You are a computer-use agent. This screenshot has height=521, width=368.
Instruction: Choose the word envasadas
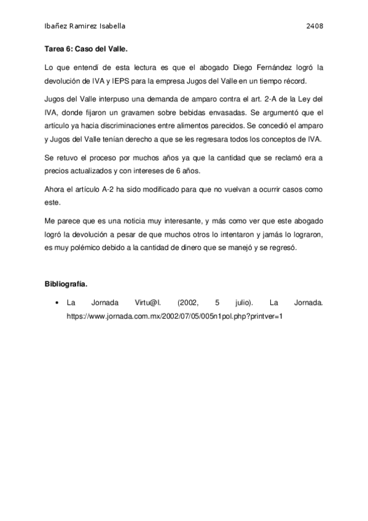pyautogui.click(x=226, y=112)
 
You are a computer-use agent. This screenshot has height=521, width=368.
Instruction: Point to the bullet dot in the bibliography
pyautogui.click(x=56, y=303)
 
